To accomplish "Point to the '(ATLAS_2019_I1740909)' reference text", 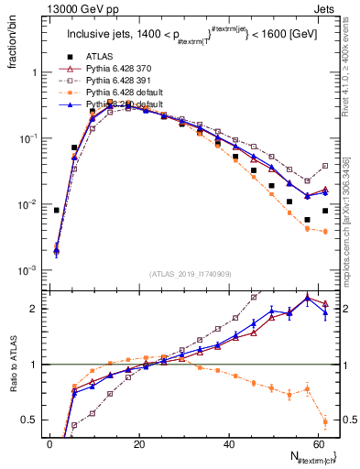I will [x=189, y=274].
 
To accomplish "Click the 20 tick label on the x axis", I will [x=138, y=444].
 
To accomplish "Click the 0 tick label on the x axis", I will [x=49, y=444].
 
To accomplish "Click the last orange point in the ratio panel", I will [x=325, y=422].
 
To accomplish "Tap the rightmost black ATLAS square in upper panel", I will [x=325, y=210].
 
